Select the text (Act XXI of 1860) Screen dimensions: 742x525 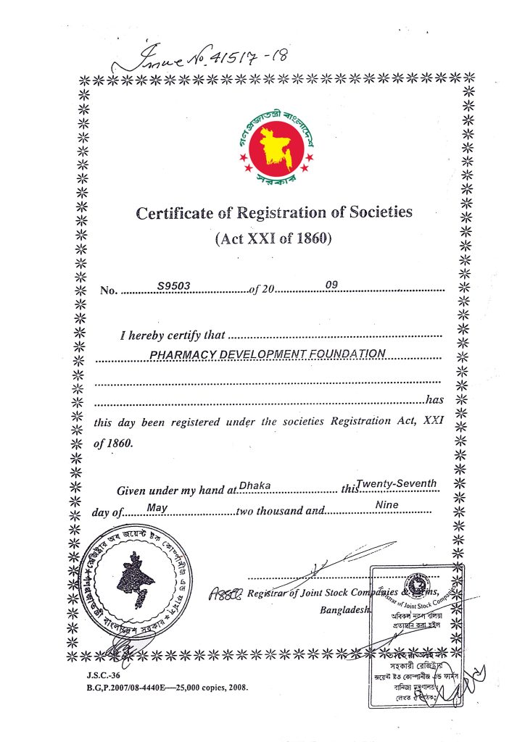tap(273, 239)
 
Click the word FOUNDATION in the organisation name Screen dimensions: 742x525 tap(349, 354)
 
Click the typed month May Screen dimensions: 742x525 tap(157, 508)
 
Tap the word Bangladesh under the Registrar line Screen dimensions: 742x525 tap(345, 609)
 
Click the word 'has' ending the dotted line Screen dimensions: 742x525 tap(434, 399)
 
